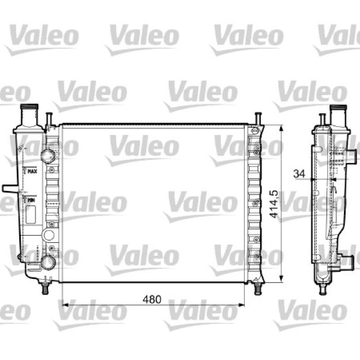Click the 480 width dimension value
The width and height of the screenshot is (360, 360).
coord(152,299)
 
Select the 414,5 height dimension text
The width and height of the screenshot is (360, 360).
coord(274,204)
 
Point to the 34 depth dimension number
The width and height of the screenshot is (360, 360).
coord(299,174)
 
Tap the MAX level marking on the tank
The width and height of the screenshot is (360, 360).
coord(32,171)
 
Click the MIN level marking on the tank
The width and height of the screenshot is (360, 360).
coord(31,200)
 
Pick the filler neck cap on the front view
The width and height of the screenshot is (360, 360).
coord(29,107)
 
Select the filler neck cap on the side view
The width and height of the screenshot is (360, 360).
coord(338,108)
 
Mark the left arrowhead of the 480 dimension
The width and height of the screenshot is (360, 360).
coord(65,305)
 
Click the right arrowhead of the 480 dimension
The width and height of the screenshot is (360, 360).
coord(241,305)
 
